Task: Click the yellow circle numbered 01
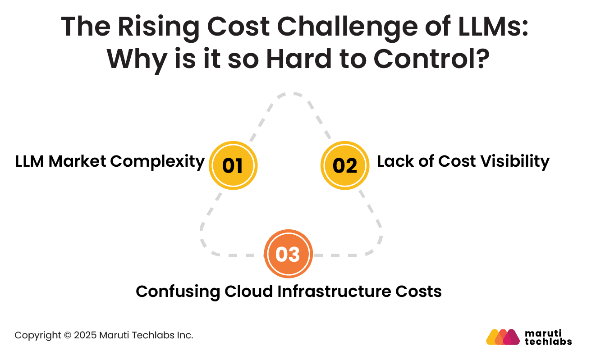233,165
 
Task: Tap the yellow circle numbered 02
345,165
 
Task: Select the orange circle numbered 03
288,254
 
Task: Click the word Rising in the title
149,27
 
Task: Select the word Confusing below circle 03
178,291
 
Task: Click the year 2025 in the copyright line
84,335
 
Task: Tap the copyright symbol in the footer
67,335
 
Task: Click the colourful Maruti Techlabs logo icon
503,337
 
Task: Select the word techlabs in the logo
549,341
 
